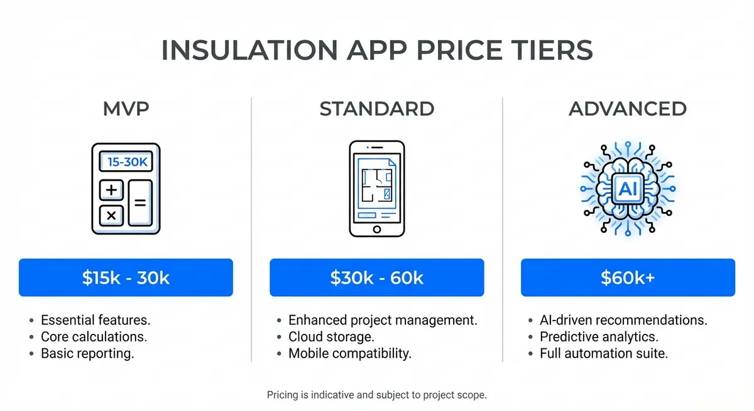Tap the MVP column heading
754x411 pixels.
coord(126,109)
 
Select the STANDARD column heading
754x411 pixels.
coord(377,109)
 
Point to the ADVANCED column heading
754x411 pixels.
coord(628,109)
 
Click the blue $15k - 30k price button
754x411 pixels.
coord(126,277)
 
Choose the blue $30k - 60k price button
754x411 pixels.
coord(377,277)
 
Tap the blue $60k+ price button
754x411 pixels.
coord(628,277)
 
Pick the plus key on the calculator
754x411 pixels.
coord(111,190)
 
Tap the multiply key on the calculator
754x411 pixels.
coord(111,215)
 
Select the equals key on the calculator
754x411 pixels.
coord(140,203)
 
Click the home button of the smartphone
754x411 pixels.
coord(377,230)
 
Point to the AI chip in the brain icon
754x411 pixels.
coord(628,188)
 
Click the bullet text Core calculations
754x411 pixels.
coord(94,337)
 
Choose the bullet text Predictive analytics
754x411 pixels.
coord(599,337)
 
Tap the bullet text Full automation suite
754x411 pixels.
coord(604,353)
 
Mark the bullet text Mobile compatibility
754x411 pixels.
coord(350,353)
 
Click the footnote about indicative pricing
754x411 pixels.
coord(377,395)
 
